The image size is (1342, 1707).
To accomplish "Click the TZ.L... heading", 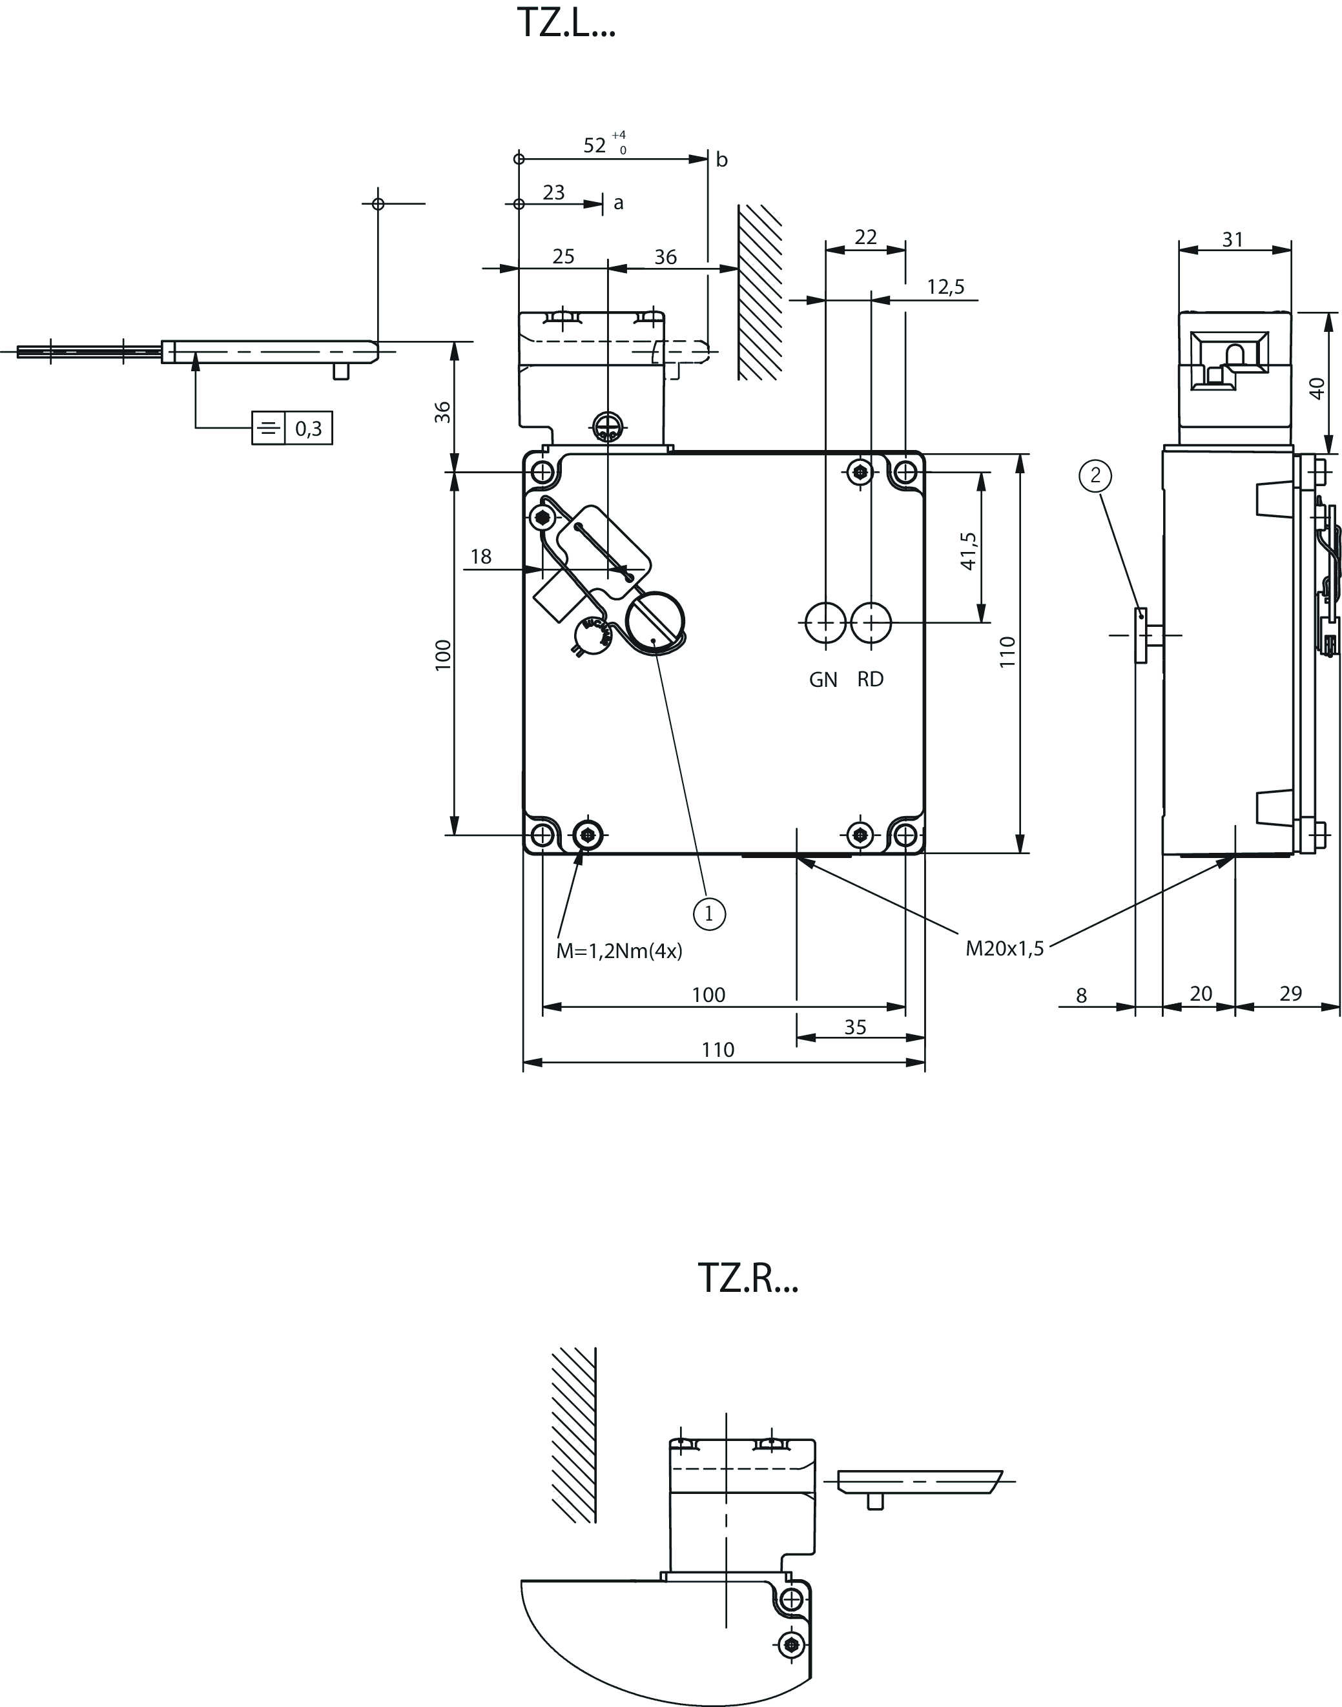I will pos(566,24).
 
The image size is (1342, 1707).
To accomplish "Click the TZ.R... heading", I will pos(747,1278).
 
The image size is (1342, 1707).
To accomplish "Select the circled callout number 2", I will pos(1095,475).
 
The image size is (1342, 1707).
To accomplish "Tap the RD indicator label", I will pos(870,679).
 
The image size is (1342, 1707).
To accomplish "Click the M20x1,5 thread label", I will pos(1004,949).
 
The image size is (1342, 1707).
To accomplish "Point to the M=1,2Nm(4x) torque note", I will pos(619,951).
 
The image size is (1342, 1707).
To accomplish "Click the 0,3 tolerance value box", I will pos(308,429).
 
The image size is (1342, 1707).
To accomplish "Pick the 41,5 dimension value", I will pos(968,551).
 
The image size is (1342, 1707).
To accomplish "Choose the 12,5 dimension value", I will pos(945,287).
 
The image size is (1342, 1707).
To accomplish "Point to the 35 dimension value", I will pos(855,1028).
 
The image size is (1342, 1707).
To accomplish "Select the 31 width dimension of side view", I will pos(1233,240).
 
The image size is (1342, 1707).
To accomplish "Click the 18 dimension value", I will pos(481,557).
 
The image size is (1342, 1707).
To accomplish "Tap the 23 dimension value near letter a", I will pos(554,192).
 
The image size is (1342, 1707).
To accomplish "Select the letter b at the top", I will pos(721,160).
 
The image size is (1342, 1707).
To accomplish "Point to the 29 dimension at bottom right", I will pos(1291,994).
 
